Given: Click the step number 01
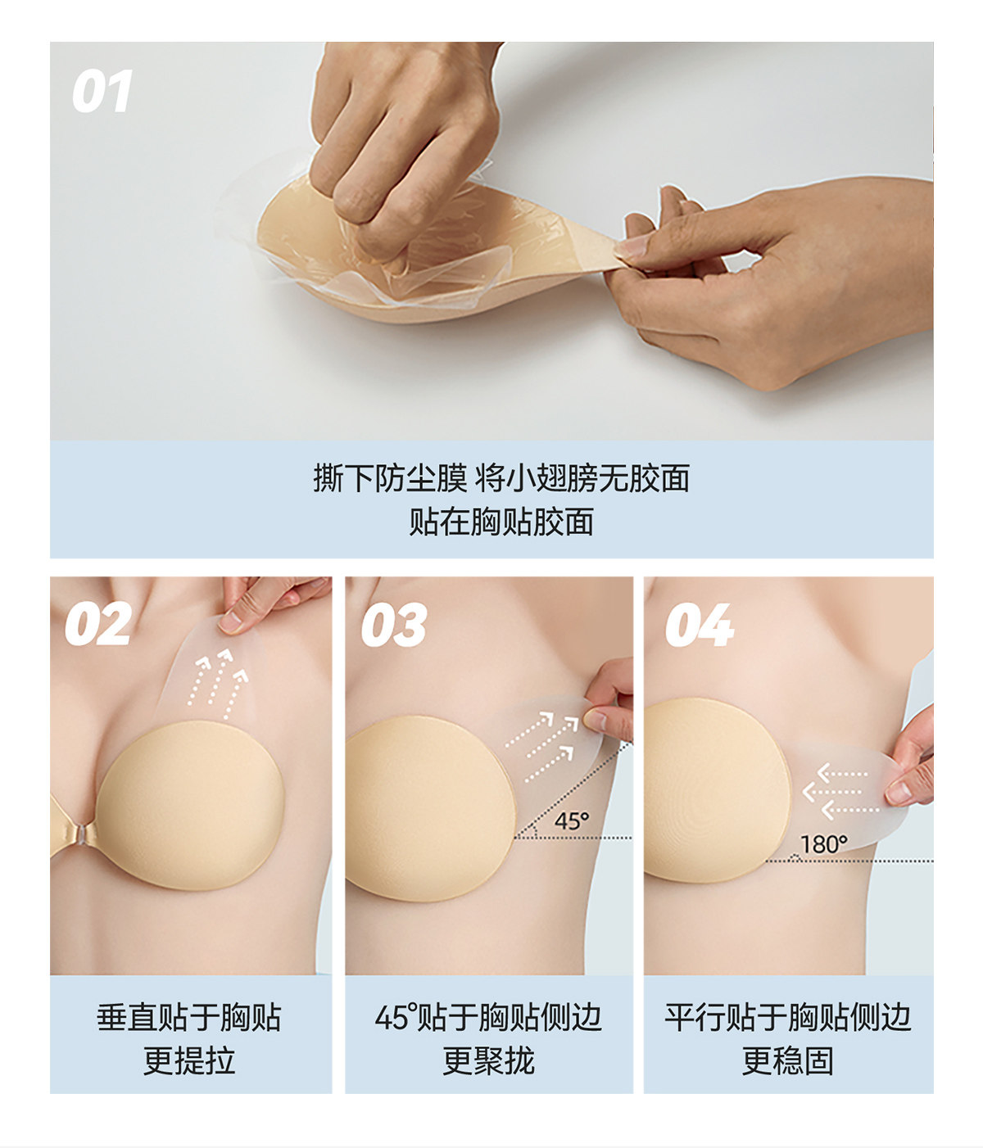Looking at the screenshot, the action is point(102,91).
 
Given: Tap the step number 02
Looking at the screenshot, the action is point(98,624).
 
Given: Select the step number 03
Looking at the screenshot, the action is point(394,625).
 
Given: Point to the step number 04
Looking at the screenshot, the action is point(700,625).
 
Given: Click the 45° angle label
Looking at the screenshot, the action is point(571,820).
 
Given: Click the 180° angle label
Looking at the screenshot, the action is point(824,844).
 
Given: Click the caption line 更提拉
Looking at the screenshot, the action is point(189,1060).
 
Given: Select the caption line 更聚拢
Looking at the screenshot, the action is point(488,1060).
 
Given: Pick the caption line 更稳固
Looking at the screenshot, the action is point(788,1060).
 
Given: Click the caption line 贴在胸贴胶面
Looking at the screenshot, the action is point(501,522).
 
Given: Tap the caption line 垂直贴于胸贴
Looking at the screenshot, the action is point(189,1018).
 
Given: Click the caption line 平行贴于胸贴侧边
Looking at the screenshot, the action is point(788,1018).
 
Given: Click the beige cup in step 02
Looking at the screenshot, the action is point(190,806).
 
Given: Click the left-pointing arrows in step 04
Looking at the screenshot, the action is point(840,792).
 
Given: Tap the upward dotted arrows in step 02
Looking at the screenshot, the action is point(218,684).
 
